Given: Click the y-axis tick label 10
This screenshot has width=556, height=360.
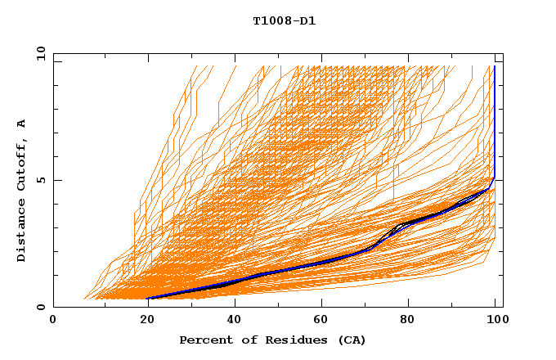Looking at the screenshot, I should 40,53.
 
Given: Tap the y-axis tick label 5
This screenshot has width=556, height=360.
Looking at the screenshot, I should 43,180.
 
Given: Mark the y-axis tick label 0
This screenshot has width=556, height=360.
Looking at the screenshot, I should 43,307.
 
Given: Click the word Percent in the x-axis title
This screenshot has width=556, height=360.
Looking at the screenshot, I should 203,340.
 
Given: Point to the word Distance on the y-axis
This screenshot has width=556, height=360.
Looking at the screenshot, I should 21,233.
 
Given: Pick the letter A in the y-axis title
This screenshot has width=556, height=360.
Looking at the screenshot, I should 21,123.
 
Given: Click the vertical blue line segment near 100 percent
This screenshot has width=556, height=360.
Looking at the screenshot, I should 494,123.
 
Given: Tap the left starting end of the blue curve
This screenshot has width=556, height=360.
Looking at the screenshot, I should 148,299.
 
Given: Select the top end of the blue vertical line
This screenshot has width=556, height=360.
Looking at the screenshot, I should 494,66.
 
